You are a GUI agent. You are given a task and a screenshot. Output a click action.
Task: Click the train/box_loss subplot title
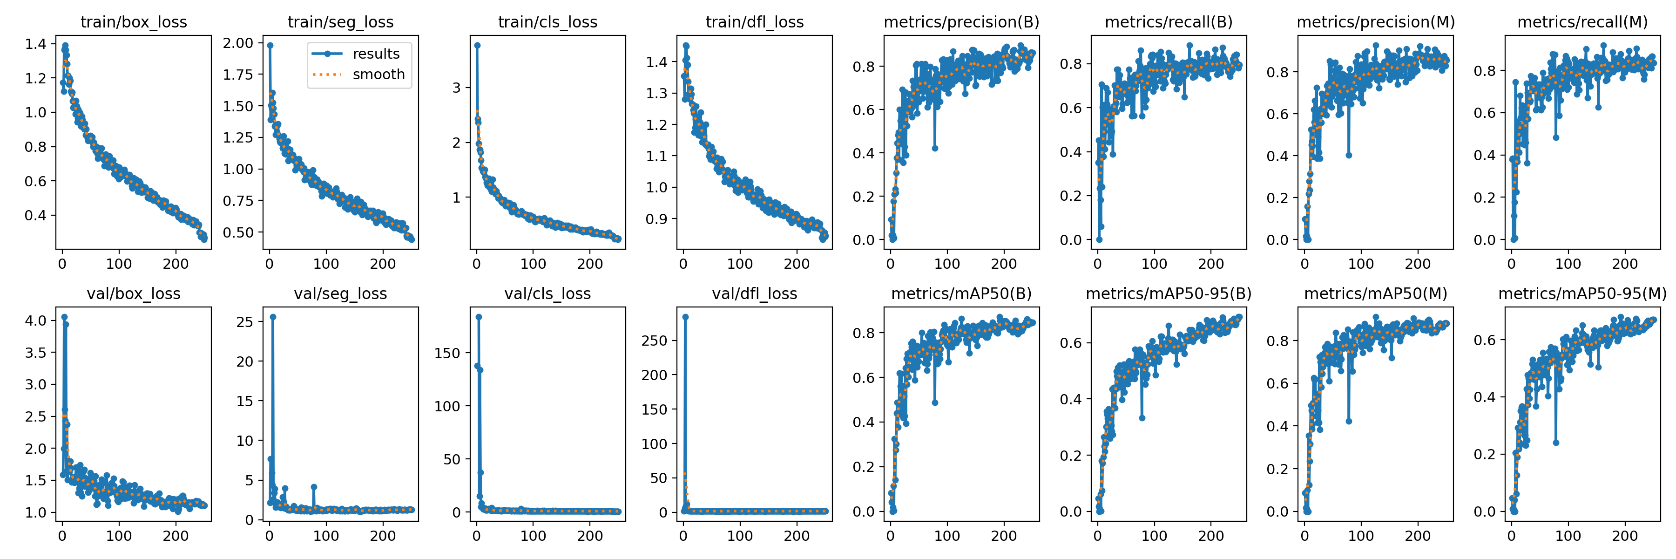coord(133,22)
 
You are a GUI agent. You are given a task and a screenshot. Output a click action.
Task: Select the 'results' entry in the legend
coord(375,54)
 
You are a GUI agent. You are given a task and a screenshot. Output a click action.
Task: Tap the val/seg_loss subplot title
coord(340,293)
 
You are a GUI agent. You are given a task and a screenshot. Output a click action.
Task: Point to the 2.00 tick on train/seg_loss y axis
coord(238,43)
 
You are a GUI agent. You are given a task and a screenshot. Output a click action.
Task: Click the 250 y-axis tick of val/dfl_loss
coord(654,341)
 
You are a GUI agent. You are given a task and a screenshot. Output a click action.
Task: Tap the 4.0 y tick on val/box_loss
coord(36,320)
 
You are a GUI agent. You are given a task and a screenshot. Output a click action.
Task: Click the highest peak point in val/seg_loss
coord(273,317)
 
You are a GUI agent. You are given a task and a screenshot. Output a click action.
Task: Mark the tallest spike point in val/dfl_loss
coord(685,317)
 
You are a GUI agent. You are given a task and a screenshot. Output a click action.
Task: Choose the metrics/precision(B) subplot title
coord(961,22)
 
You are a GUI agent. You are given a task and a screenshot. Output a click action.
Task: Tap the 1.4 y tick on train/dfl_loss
coord(656,62)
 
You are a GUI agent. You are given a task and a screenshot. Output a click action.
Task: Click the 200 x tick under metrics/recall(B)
coord(1211,264)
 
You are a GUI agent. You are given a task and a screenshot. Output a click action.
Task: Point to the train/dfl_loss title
coord(755,22)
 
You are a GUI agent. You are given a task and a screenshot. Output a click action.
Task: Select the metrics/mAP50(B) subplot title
coord(961,293)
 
